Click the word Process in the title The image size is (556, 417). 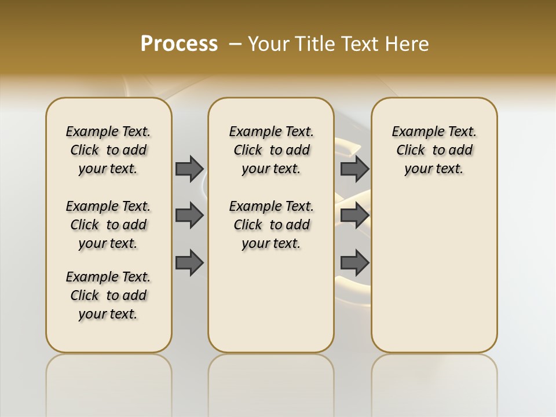coord(179,43)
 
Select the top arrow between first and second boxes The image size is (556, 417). coord(189,169)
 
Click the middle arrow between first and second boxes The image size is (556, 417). coord(189,215)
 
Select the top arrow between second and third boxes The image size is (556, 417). coord(354,169)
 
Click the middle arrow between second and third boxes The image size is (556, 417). coord(354,215)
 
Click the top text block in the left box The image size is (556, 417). coord(108,150)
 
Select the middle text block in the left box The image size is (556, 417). coord(108,225)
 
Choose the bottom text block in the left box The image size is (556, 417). coord(108,295)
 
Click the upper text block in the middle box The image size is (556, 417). coord(271,150)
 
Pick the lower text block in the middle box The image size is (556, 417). coord(271,225)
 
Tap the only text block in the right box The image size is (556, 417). coord(434,150)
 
